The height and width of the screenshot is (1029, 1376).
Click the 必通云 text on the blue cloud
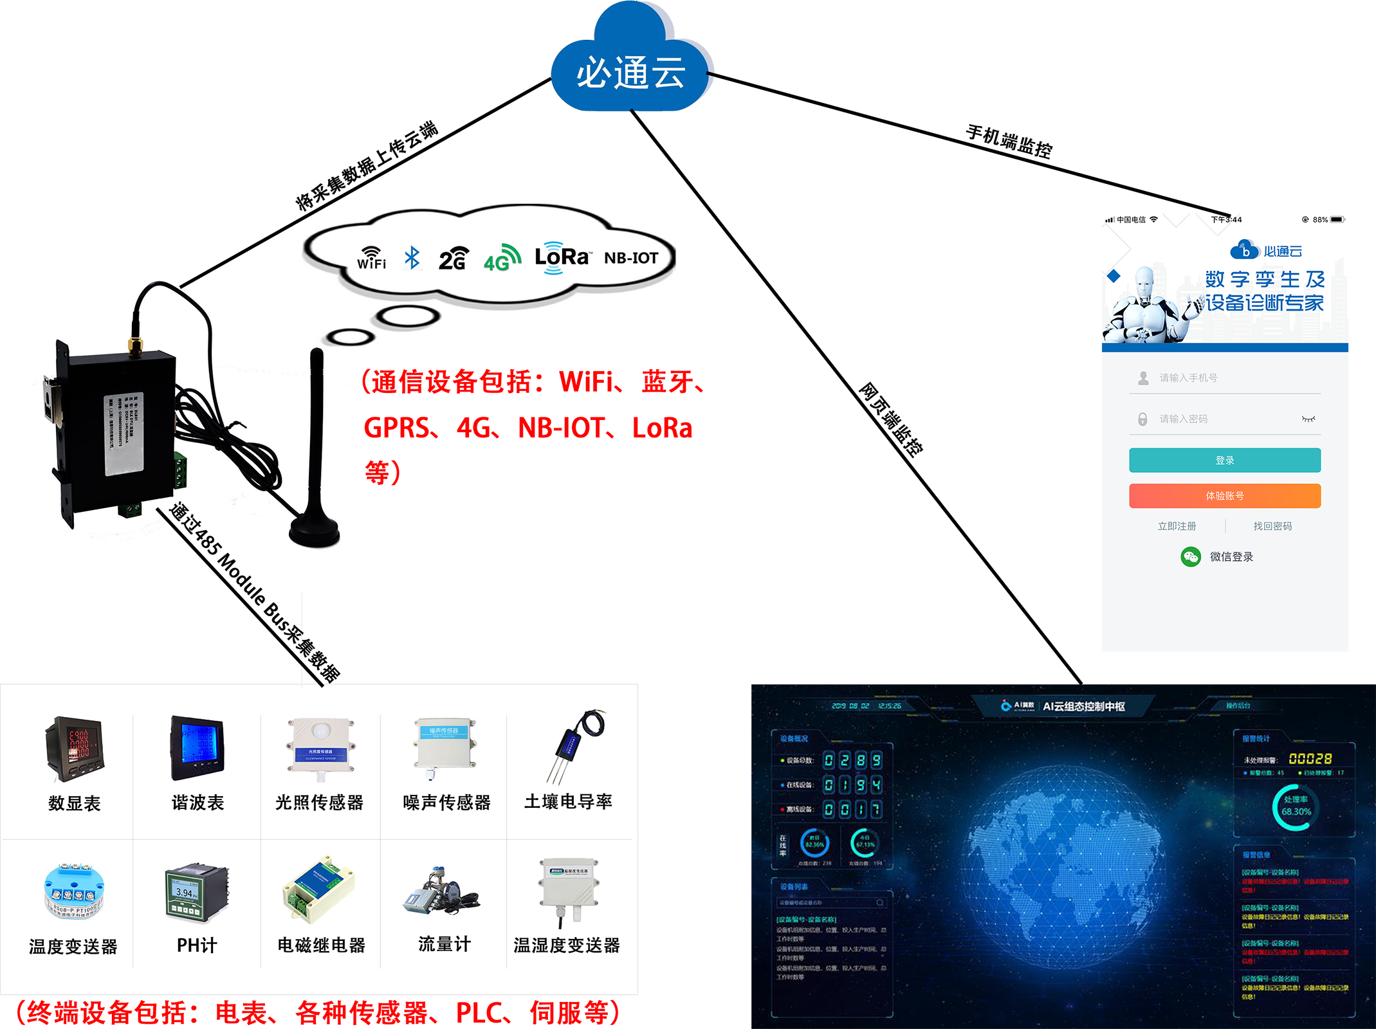[630, 73]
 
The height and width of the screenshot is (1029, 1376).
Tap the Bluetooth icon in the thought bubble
[412, 258]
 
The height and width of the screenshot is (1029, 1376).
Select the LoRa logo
[562, 257]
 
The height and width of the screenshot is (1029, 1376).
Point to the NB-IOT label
[631, 258]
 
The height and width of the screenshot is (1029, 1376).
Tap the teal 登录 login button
[1224, 460]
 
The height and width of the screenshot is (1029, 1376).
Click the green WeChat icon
[1190, 556]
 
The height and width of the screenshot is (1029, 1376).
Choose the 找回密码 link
[1272, 526]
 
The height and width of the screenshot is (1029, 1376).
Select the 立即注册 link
[1177, 526]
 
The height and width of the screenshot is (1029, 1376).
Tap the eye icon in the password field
[1308, 419]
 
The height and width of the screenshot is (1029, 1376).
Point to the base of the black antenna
[315, 529]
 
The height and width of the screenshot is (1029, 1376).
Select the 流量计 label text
[445, 944]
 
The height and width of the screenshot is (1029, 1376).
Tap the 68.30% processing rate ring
[1295, 806]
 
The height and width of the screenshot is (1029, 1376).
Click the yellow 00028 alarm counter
[1310, 759]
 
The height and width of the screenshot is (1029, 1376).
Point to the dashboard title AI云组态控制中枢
[1083, 706]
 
